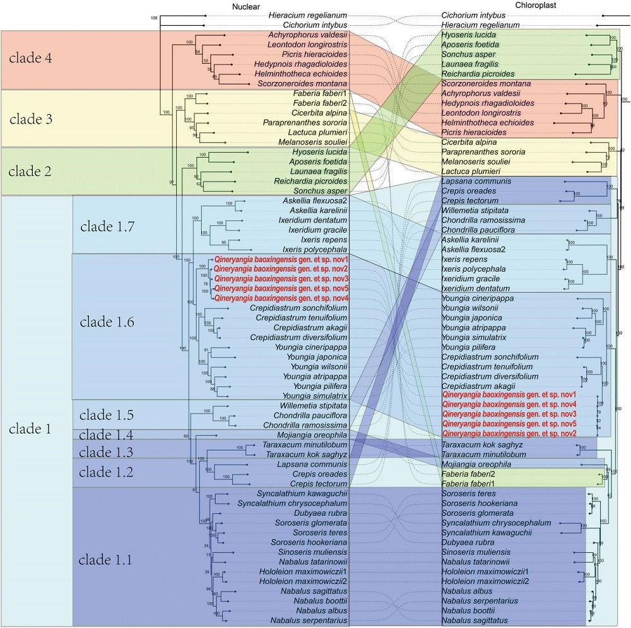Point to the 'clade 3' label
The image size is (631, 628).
[39, 119]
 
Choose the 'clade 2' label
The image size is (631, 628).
[39, 171]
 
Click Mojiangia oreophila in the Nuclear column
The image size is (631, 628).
[312, 435]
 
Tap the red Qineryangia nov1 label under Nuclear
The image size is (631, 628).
[282, 259]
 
